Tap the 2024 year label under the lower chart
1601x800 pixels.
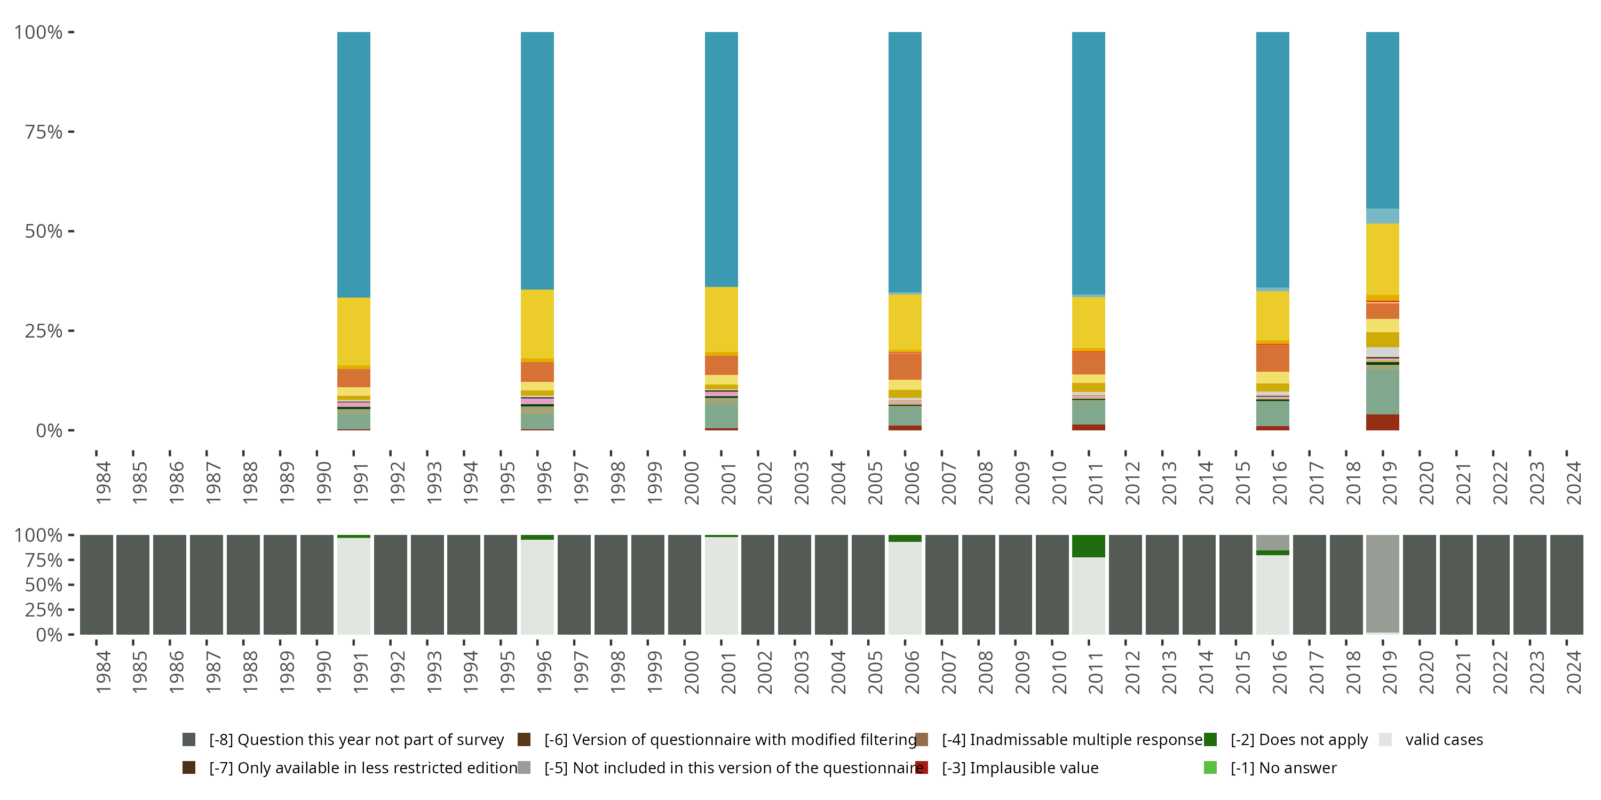[1574, 673]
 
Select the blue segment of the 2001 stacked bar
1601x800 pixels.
[721, 158]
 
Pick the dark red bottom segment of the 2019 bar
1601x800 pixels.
[1382, 422]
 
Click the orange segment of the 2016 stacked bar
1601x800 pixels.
[1272, 358]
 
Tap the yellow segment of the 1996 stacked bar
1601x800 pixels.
[537, 324]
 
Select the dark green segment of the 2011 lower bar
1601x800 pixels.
[1088, 546]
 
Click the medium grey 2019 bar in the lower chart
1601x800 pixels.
[1382, 584]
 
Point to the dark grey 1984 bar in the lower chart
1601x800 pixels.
[97, 585]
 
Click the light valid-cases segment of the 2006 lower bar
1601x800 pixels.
[905, 588]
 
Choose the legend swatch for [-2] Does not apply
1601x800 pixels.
[1210, 739]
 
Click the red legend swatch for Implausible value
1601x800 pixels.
[922, 767]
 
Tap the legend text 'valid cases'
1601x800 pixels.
[1444, 739]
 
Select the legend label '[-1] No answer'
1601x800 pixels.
[1283, 767]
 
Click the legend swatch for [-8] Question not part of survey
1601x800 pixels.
[189, 739]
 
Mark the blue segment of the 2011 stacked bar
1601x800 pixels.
[1088, 163]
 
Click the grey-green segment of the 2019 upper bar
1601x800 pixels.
[1382, 391]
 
